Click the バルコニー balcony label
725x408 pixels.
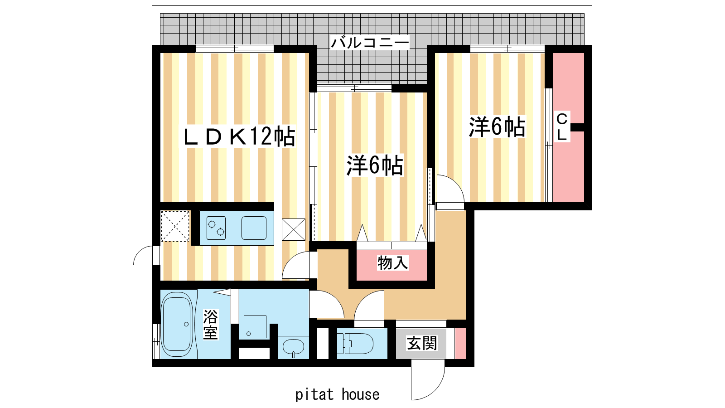(x=370, y=43)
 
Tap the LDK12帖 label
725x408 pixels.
(x=239, y=136)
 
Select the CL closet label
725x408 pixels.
(x=562, y=127)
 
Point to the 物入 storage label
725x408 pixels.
(x=392, y=262)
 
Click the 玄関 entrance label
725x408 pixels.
(x=422, y=343)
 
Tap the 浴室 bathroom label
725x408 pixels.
(x=210, y=324)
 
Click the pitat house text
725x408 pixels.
(x=337, y=395)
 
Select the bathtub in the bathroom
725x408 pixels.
(x=177, y=324)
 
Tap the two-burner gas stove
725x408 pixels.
(x=216, y=228)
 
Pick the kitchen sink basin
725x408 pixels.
(x=254, y=228)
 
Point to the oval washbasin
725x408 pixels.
(x=294, y=347)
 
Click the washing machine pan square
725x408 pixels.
(x=255, y=327)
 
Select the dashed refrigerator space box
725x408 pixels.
(x=175, y=226)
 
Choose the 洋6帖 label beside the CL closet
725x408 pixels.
(x=497, y=127)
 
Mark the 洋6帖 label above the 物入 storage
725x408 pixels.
(x=375, y=165)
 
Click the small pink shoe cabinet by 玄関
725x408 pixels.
(x=460, y=344)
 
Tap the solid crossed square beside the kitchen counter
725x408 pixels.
(x=294, y=229)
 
